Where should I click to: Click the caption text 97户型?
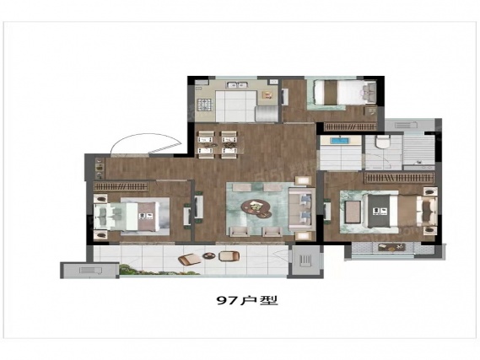pyautogui.click(x=247, y=300)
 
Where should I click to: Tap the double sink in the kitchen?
pyautogui.click(x=238, y=85)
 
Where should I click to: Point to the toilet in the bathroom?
pyautogui.click(x=383, y=142)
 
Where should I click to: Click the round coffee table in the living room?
pyautogui.click(x=256, y=208)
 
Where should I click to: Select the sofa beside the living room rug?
pyautogui.click(x=302, y=210)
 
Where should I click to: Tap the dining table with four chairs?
pyautogui.click(x=218, y=144)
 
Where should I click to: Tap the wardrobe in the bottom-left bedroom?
pyautogui.click(x=121, y=186)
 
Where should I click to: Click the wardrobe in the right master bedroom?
pyautogui.click(x=399, y=177)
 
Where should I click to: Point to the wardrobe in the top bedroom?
pyautogui.click(x=350, y=126)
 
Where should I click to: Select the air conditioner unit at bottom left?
pyautogui.click(x=90, y=271)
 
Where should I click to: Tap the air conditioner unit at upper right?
pyautogui.click(x=406, y=125)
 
